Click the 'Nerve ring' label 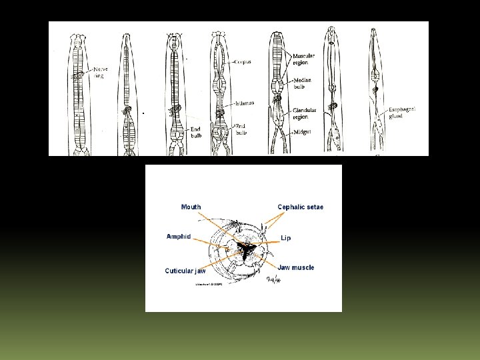tap(101, 72)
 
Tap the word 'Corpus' tap(243, 62)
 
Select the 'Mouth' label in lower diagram tap(191, 207)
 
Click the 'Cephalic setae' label tap(301, 207)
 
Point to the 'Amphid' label tap(179, 237)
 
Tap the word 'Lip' tap(285, 238)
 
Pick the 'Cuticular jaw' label tap(185, 271)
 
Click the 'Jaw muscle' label tap(291, 267)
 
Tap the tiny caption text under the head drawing tap(209, 285)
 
